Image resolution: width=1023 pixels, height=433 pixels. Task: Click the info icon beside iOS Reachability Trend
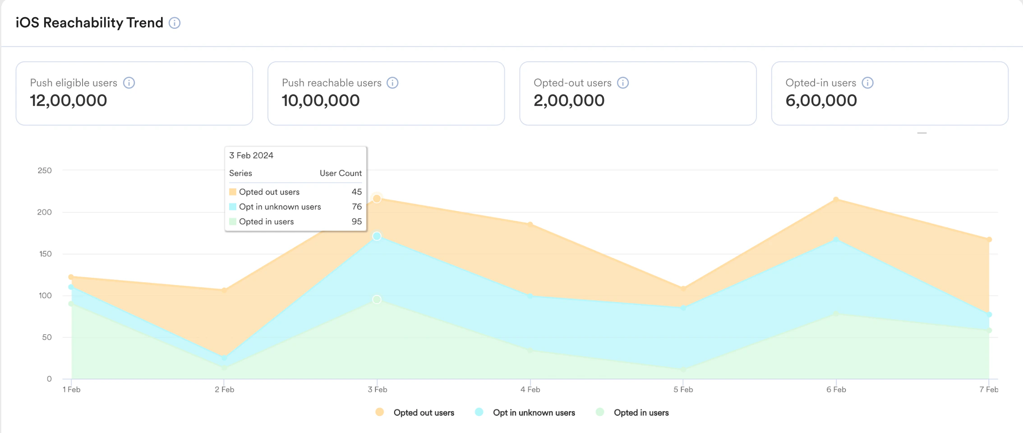point(175,23)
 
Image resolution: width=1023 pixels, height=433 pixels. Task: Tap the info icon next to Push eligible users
point(129,83)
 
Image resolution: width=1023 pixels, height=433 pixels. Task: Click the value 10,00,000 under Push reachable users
point(320,101)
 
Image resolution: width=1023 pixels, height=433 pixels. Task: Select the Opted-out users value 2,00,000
point(569,101)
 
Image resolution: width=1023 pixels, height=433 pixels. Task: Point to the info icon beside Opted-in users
point(867,83)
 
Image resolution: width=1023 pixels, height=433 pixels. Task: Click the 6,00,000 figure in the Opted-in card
point(821,101)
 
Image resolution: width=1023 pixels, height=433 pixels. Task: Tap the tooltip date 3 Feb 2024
point(251,156)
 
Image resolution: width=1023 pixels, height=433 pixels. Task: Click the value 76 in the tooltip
point(356,207)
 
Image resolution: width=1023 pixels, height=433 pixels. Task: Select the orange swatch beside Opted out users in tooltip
point(233,192)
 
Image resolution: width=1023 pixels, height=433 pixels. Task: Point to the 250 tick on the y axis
point(45,170)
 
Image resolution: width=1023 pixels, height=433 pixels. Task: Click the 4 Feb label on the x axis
point(530,389)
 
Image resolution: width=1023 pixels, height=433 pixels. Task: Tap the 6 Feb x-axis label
point(836,389)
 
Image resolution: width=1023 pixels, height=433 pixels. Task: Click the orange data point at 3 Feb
point(377,198)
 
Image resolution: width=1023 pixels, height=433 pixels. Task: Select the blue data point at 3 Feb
point(377,236)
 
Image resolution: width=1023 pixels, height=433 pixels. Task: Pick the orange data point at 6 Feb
point(836,199)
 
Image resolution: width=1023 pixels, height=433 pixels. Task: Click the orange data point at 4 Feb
point(530,224)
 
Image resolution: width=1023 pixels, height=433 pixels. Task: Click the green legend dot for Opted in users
point(600,412)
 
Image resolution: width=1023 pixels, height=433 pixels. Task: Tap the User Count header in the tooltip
point(341,173)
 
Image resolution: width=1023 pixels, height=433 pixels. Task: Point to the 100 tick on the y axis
point(45,295)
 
